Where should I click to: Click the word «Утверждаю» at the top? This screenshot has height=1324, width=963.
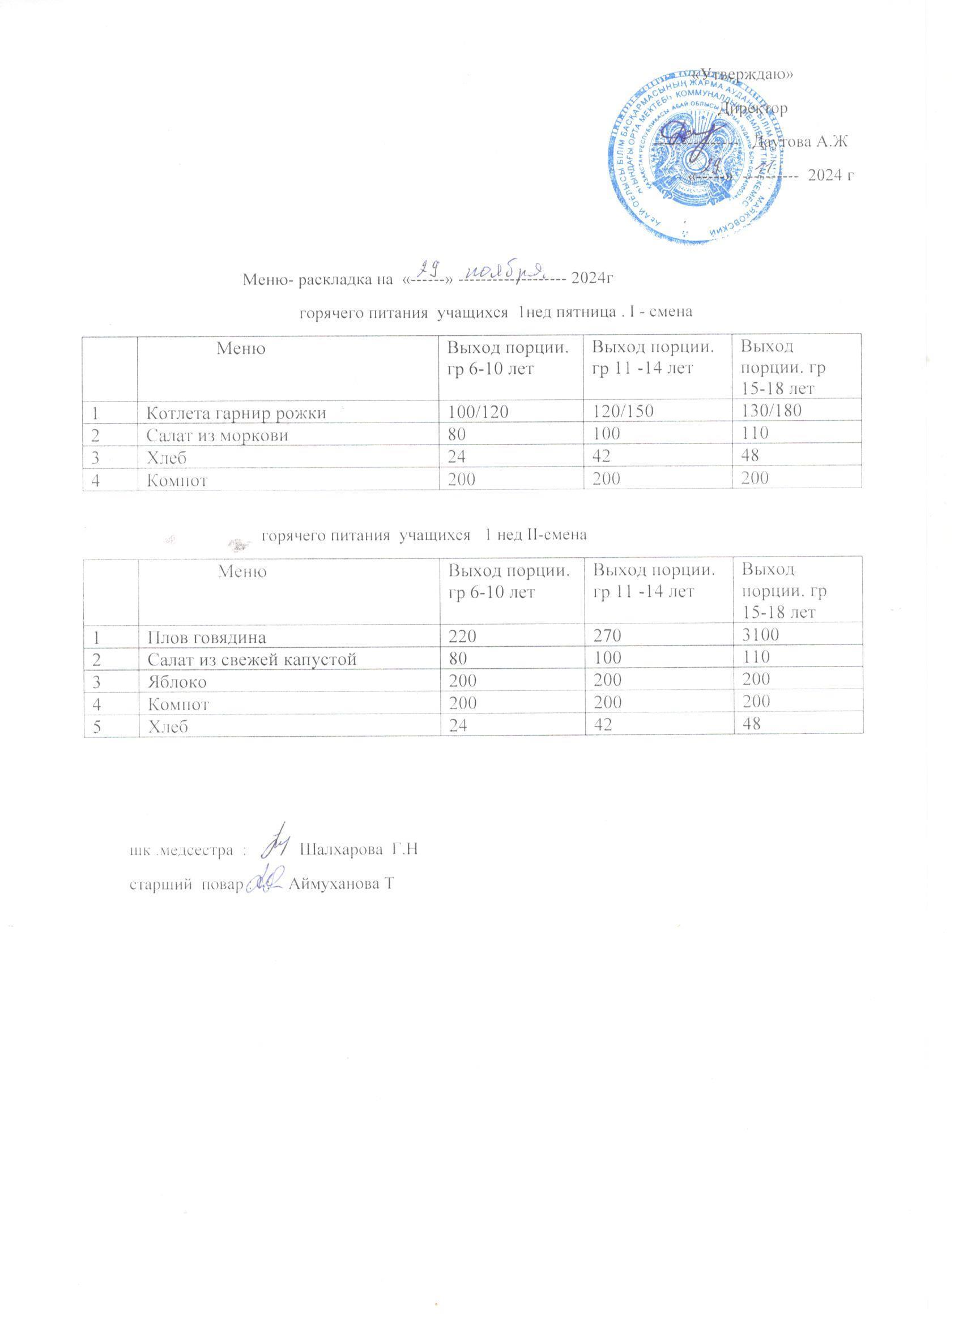742,74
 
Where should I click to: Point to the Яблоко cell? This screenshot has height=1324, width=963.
177,681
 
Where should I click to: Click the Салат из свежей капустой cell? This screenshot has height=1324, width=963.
252,659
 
